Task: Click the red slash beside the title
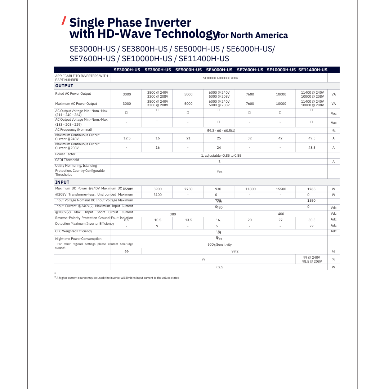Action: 64,21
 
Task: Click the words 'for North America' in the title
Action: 253,35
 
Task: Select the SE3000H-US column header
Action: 127,70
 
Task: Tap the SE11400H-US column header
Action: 313,70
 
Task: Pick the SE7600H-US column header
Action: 250,70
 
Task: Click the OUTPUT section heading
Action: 64,86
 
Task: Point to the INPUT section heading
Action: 62,182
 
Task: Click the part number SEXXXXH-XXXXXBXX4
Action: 220,78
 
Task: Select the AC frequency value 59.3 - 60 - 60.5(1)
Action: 221,130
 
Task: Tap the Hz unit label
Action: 334,130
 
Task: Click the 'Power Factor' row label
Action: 65,154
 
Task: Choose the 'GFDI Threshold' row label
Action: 67,160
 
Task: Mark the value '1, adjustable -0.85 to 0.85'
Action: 221,156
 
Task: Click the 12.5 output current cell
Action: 127,138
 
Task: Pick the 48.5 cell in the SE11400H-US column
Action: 312,148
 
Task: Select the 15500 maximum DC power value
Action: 281,189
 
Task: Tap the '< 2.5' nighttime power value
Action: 219,267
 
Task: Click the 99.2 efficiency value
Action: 235,251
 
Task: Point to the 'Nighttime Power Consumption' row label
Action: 78,239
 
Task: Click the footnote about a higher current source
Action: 117,278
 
